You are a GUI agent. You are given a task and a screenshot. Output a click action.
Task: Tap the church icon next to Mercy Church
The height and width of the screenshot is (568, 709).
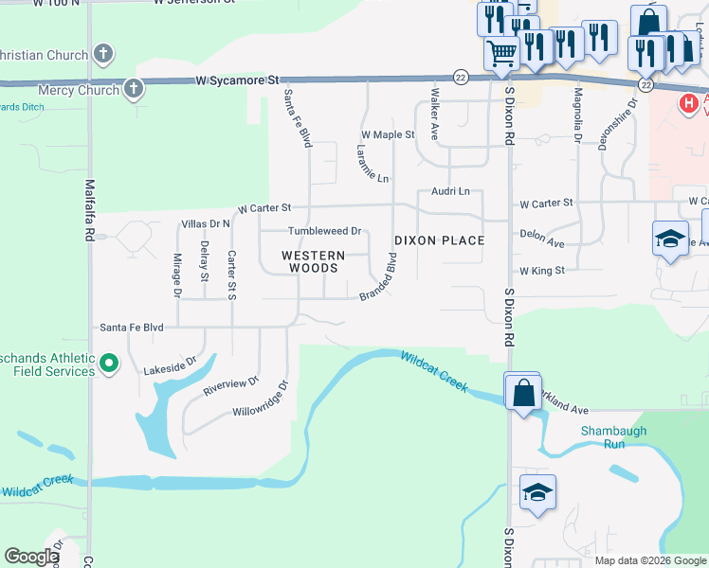point(134,90)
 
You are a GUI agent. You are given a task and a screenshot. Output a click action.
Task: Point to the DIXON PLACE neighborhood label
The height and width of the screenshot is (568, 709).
point(439,240)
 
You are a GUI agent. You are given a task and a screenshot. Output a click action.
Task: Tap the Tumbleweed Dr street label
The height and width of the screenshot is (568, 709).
point(325,231)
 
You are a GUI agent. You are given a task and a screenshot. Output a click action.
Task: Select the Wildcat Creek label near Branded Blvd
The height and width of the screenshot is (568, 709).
point(433,371)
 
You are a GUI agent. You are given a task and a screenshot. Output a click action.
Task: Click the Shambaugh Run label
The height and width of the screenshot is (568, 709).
point(613,437)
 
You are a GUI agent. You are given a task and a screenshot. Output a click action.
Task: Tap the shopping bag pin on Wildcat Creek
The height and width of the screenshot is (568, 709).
point(522,391)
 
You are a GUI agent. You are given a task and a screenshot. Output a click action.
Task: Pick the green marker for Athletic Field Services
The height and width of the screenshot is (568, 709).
point(109,363)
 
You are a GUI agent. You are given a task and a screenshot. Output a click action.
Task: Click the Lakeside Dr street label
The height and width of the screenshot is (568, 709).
point(169,366)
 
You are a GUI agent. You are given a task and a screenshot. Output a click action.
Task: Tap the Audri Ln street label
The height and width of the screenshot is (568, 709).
point(450,191)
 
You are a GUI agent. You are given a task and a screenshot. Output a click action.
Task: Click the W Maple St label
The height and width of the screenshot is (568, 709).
point(387,134)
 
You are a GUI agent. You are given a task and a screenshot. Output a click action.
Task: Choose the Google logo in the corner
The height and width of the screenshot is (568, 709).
point(31,557)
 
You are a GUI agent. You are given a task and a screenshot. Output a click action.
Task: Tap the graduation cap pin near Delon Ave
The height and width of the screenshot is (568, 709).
point(669,239)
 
